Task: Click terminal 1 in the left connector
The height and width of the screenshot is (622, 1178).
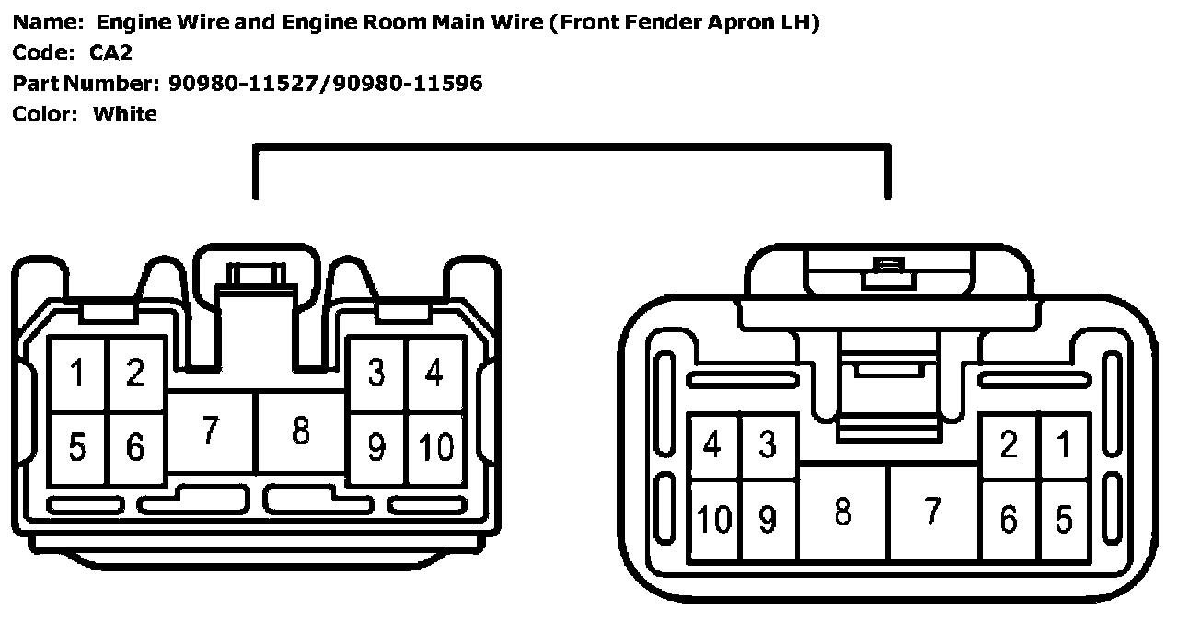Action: pos(78,374)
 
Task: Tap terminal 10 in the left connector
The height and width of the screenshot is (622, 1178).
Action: pos(435,448)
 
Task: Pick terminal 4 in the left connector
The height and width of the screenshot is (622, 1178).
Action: pos(433,374)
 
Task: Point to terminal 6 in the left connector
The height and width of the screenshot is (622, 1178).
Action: pos(135,448)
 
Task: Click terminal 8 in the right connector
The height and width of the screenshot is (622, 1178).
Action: pos(842,513)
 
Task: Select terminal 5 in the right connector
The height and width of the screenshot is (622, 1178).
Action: pos(1064,520)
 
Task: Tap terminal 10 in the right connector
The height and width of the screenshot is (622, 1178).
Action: pos(714,520)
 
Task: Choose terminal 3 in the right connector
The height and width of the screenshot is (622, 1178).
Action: pos(768,445)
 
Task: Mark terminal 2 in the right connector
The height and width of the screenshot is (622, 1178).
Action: pos(1009,445)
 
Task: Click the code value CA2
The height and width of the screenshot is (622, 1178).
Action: pos(110,52)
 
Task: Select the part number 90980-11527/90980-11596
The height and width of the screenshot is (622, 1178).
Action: pos(325,84)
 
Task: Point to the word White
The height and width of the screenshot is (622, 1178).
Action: pos(125,114)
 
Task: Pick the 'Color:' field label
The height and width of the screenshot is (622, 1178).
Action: pos(45,114)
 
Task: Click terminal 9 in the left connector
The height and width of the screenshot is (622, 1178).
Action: pos(375,448)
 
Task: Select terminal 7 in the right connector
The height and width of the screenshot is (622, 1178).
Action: pos(932,513)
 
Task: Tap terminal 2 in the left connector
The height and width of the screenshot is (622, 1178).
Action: pos(135,374)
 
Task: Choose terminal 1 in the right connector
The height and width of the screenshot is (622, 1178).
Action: pos(1064,445)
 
